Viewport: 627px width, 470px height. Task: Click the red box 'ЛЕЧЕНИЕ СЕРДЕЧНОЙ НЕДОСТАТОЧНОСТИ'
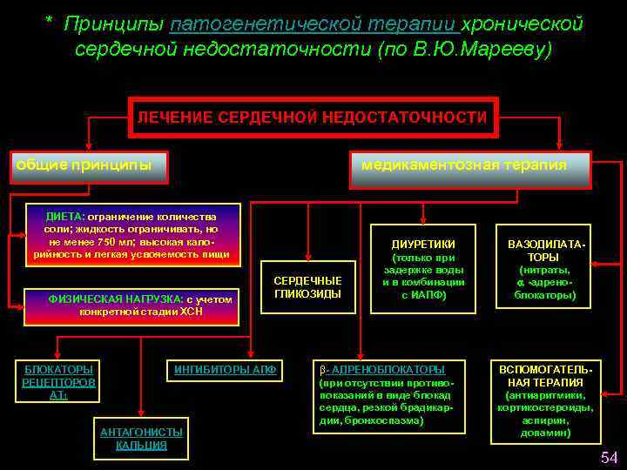point(313,117)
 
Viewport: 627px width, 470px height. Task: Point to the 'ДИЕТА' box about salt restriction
point(131,235)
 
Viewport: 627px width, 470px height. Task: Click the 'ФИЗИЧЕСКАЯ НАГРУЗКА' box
point(142,305)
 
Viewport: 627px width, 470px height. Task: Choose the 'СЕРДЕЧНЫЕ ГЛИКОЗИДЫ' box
point(308,287)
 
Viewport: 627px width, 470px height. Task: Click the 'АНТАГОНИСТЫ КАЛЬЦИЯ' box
point(141,438)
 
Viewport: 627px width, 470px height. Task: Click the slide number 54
point(608,459)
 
